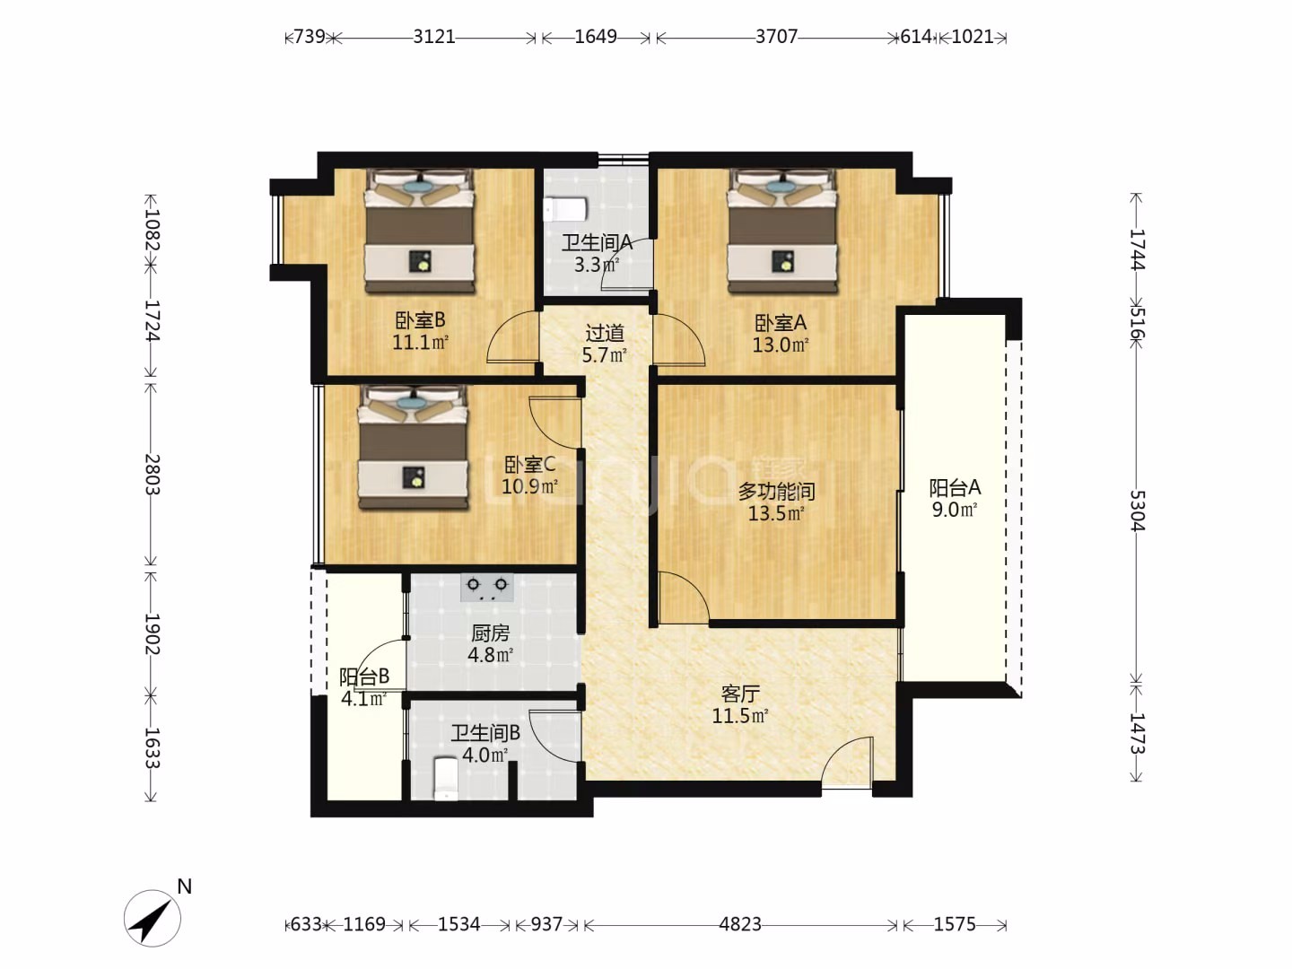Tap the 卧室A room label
pos(781,322)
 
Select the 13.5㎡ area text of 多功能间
pos(776,513)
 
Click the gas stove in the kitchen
pos(487,587)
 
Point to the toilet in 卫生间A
pos(565,209)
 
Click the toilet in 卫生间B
pos(446,779)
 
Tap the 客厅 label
pos(740,694)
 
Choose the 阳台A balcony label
pos(955,488)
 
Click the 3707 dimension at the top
pos(776,37)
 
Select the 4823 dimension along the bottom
pos(740,924)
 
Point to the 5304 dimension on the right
pos(1137,511)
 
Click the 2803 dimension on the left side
pos(152,475)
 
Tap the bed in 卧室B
pos(420,231)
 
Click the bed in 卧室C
pos(414,447)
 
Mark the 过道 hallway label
pos(605,334)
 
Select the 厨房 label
pos(490,633)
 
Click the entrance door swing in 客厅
pos(847,762)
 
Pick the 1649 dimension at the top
pos(596,37)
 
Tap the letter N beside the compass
pos(185,886)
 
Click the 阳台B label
pos(364,677)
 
